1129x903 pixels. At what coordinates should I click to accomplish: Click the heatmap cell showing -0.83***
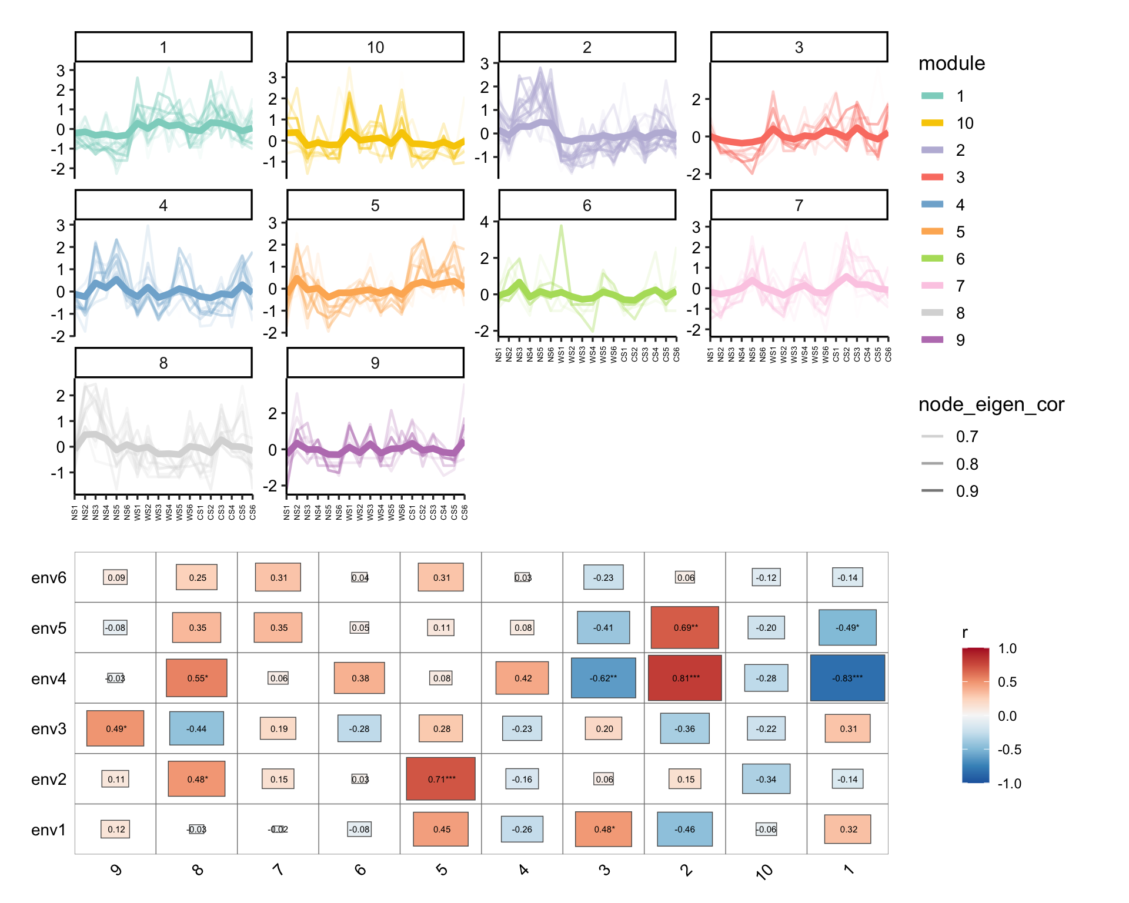(847, 678)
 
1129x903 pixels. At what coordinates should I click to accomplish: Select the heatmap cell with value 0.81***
(685, 678)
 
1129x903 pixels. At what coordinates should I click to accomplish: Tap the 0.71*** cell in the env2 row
(441, 779)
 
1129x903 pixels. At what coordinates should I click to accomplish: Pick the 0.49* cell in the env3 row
(115, 728)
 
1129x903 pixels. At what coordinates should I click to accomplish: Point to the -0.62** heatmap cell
(603, 678)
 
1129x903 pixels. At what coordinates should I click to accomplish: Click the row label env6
(49, 578)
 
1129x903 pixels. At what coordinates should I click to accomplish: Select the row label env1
(49, 830)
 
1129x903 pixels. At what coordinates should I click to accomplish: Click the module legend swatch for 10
(932, 123)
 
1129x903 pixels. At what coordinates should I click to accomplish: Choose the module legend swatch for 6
(932, 259)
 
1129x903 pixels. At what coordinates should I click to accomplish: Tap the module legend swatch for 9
(932, 340)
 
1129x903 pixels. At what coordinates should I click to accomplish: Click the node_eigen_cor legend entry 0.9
(967, 491)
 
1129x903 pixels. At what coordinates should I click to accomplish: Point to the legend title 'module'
(951, 63)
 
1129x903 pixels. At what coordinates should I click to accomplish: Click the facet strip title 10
(375, 47)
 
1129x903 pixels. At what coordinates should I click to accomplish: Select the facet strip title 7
(799, 205)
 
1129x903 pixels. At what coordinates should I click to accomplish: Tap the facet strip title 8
(163, 363)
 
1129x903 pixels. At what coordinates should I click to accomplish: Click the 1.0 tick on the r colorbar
(1007, 648)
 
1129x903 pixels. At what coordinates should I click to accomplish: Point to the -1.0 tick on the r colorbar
(1009, 784)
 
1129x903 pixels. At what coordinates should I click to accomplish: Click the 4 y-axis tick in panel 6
(485, 222)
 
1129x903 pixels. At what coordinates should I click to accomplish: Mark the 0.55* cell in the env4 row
(197, 678)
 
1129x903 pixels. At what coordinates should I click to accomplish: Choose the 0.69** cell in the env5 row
(685, 627)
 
